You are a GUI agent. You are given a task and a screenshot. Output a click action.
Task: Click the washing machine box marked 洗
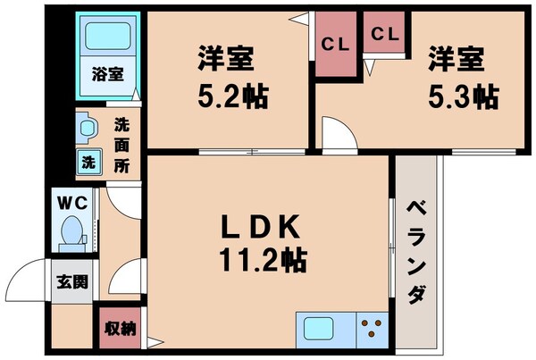pyautogui.click(x=88, y=163)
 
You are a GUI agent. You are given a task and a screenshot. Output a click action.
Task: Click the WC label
pyautogui.click(x=71, y=202)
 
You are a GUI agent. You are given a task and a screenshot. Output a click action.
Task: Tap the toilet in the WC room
pyautogui.click(x=71, y=233)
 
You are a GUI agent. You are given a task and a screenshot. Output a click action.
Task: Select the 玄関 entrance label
pyautogui.click(x=71, y=283)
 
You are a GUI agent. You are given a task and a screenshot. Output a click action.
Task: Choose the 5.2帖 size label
pyautogui.click(x=229, y=94)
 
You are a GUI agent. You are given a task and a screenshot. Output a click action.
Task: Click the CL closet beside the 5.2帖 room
pyautogui.click(x=336, y=41)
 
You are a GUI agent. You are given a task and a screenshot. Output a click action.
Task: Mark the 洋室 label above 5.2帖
pyautogui.click(x=228, y=60)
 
